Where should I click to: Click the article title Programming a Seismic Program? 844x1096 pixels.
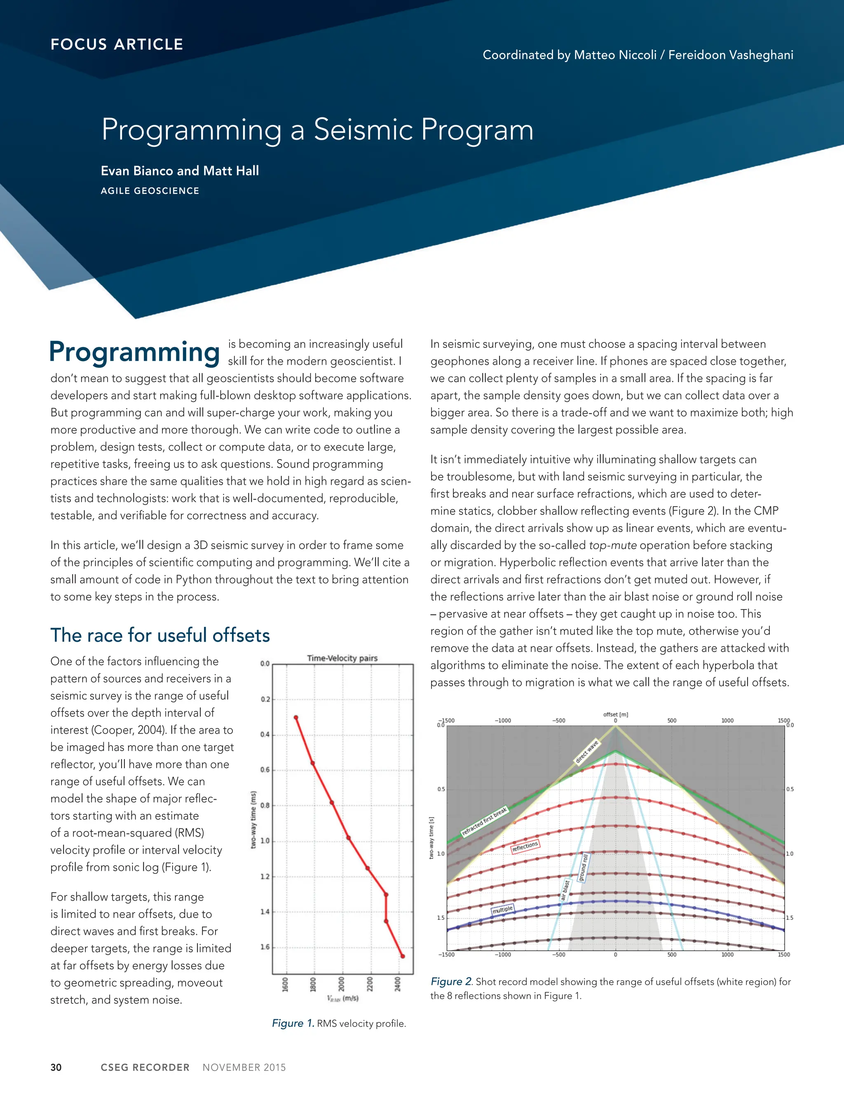click(317, 129)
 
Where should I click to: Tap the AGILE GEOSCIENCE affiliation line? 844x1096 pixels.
click(150, 191)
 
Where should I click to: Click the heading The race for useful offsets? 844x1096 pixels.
click(159, 635)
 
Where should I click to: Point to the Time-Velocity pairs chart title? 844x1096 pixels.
click(342, 658)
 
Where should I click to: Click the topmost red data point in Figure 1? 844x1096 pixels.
click(295, 718)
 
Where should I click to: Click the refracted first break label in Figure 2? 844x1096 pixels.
click(484, 821)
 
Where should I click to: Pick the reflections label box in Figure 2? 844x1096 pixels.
click(525, 846)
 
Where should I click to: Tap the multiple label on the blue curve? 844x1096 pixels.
click(502, 909)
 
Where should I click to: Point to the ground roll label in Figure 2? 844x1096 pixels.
click(583, 867)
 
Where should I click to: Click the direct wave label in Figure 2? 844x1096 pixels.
click(586, 751)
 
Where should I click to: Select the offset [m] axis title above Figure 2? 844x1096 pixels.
click(615, 714)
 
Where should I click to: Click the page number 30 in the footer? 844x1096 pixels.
click(56, 1068)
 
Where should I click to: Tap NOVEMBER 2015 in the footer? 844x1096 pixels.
click(244, 1068)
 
